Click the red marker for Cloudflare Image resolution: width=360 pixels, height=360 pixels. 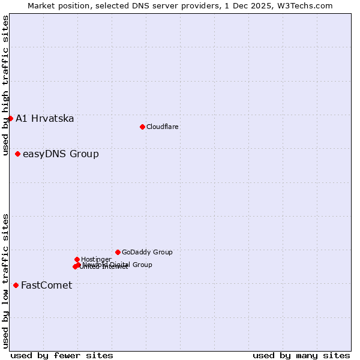pos(142,127)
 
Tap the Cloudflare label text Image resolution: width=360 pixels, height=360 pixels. pos(162,127)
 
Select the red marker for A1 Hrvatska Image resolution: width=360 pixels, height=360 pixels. pos(10,118)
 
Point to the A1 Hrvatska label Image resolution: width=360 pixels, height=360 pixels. pos(45,118)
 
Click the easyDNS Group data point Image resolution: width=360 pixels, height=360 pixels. pos(17,154)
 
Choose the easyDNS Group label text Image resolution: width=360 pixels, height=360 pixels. pos(61,154)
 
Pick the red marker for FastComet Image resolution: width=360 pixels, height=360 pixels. pos(16,285)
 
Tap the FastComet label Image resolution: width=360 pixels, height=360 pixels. pos(46,285)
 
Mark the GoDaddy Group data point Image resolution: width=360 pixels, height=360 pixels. pos(118,252)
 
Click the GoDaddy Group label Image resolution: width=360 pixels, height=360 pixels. pos(147,253)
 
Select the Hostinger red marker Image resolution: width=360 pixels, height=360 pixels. pos(77,259)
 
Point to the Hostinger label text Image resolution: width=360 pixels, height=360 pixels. pos(96,259)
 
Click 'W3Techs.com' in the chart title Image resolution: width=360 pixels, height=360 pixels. pos(307,5)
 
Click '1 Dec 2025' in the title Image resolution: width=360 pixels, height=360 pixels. pos(254,5)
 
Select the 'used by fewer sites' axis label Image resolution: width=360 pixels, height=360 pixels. pos(62,355)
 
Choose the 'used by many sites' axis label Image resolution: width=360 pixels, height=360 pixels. pos(301,355)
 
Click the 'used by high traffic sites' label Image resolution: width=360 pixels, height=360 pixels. pos(5,85)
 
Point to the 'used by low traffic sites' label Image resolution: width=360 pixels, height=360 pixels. pos(5,280)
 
